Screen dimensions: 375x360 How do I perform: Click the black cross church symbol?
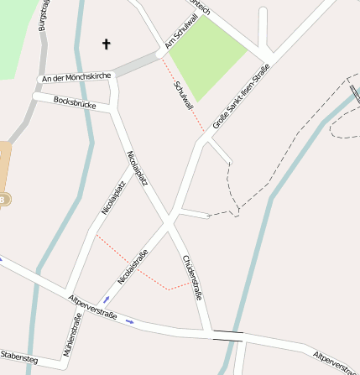(x=107, y=43)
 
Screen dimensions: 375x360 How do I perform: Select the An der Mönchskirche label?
(x=76, y=77)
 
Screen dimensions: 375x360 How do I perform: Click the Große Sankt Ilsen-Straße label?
(x=242, y=96)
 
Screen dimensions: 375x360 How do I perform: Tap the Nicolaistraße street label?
(x=133, y=266)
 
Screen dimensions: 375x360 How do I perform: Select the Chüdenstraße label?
(x=192, y=278)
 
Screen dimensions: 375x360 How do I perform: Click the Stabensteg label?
(x=18, y=356)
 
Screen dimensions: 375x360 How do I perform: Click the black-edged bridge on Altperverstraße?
(x=228, y=336)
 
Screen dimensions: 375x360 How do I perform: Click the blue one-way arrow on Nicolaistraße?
(x=107, y=299)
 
